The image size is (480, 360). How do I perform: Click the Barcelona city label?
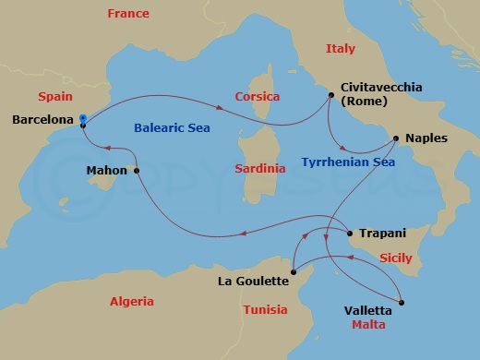tap(42, 120)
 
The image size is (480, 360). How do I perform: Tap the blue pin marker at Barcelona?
tap(83, 119)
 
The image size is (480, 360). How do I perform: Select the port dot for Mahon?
tap(137, 171)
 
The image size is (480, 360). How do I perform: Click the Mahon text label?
tap(107, 171)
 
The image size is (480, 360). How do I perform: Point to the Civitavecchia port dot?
tap(330, 94)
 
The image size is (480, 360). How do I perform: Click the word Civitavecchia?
tap(381, 87)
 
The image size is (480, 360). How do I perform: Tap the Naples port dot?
tap(395, 139)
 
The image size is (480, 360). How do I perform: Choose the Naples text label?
tap(426, 138)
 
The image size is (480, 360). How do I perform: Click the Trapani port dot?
tap(349, 234)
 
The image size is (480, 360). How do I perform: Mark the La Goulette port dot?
tap(293, 270)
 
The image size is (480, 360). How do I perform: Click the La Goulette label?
tap(251, 281)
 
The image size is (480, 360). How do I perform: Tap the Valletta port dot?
tap(402, 302)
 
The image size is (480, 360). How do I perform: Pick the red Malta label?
tap(367, 325)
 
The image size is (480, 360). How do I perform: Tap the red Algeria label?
tap(131, 301)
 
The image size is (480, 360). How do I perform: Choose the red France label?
tap(128, 14)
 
